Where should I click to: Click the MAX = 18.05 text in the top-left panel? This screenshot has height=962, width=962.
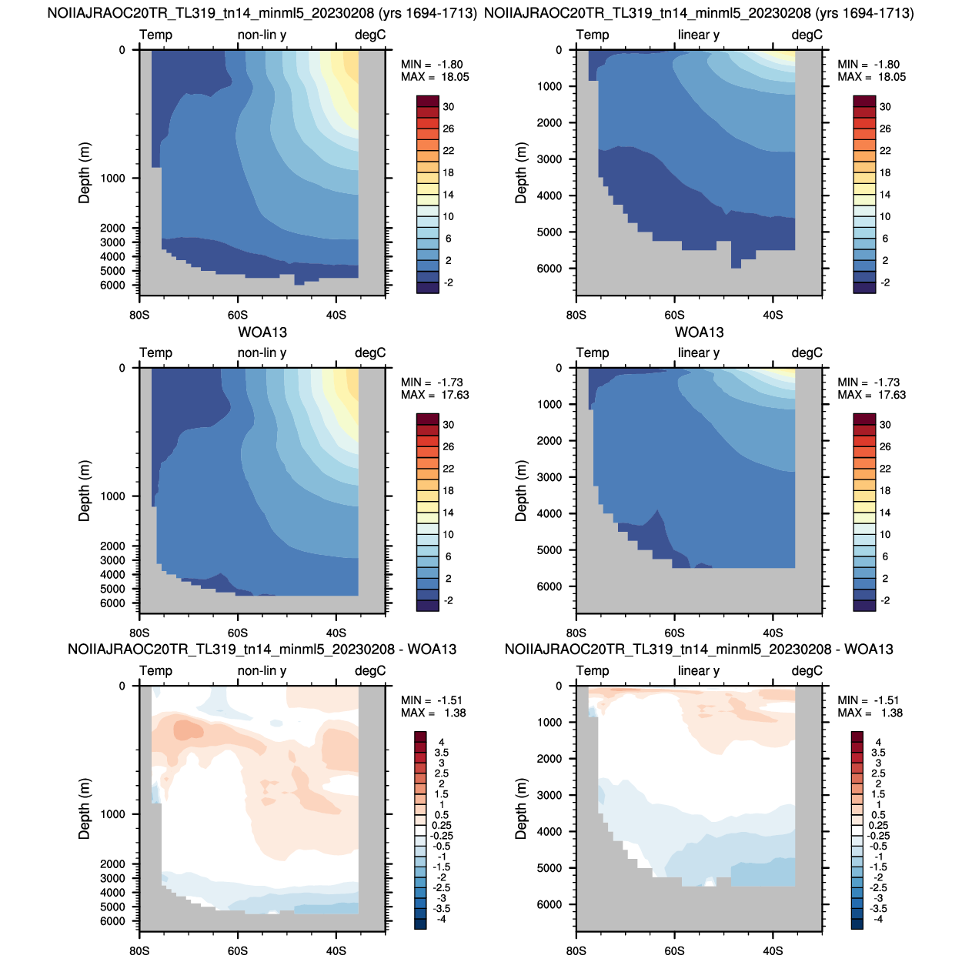tap(434, 77)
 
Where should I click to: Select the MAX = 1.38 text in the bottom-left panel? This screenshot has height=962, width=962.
tap(433, 713)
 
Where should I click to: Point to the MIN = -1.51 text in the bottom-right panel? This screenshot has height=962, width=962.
tap(868, 700)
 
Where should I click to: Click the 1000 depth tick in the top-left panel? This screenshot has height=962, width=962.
tap(112, 179)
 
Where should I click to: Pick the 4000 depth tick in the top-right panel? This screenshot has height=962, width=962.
tap(549, 195)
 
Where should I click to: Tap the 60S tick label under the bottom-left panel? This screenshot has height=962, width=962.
tap(238, 950)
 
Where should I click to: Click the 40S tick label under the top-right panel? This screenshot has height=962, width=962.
tap(773, 315)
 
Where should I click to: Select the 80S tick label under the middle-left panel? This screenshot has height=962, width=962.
tap(139, 633)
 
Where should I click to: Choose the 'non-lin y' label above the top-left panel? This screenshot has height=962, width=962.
tap(262, 35)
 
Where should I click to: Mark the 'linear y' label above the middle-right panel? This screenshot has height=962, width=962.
tap(698, 353)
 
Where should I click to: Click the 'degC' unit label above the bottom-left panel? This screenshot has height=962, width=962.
tap(370, 671)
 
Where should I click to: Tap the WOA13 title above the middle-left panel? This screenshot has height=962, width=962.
tap(262, 332)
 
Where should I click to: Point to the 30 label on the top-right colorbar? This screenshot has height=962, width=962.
tap(884, 107)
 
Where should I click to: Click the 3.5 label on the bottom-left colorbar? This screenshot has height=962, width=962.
tap(441, 753)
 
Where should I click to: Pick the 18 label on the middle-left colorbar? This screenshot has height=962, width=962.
tap(448, 491)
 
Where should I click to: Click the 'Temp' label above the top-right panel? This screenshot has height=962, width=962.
tap(592, 35)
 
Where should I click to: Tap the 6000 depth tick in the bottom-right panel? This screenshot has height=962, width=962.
tap(549, 904)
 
